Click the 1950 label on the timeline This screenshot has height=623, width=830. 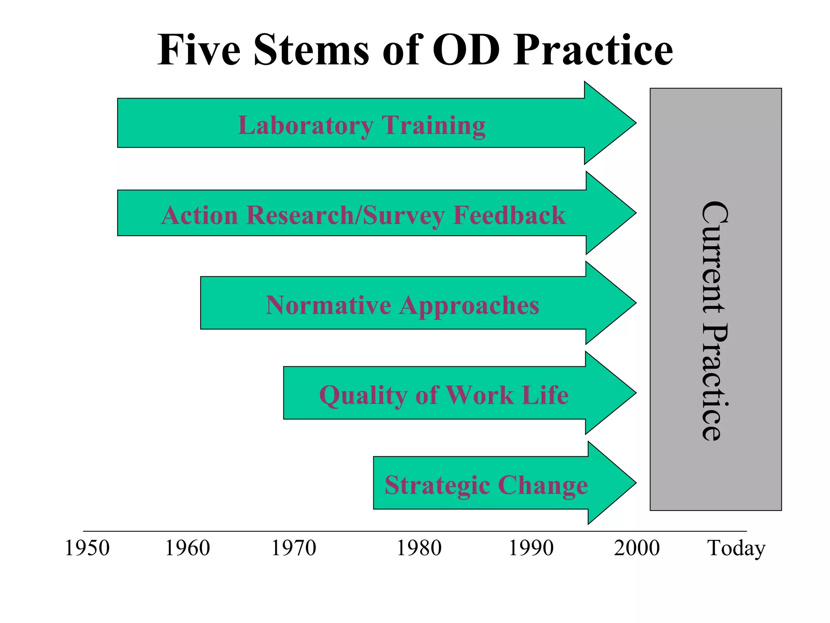87,548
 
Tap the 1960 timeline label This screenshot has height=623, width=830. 187,548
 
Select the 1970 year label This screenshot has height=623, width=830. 293,548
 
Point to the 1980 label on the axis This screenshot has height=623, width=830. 419,548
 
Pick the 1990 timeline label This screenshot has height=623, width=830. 531,548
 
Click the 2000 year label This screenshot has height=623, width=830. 637,548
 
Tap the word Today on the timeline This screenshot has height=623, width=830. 736,548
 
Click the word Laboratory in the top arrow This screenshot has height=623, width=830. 305,126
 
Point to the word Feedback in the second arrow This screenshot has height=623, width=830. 509,215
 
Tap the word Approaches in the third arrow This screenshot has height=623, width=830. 469,306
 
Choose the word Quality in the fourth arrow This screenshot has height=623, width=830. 363,395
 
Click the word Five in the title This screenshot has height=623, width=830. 199,50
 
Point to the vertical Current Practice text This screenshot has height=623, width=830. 715,320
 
